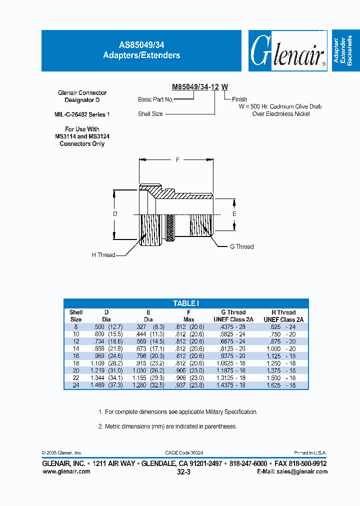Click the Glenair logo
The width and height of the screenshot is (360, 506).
coord(286,51)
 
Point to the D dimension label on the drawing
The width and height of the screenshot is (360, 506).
coord(115,214)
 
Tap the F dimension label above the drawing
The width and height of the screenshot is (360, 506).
coord(177,160)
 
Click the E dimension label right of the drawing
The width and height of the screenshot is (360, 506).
coord(234,213)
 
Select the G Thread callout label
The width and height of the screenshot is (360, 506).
coord(241,246)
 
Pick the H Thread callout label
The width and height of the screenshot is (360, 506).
coord(103,255)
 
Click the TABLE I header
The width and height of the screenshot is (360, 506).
coord(186,303)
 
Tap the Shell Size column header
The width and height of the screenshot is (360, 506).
coord(76,315)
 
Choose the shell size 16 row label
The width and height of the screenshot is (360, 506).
coord(76,356)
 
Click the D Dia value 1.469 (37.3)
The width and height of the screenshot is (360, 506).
coord(106,385)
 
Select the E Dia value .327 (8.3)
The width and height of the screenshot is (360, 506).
coord(148,326)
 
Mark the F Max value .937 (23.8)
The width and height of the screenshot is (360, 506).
coord(189,385)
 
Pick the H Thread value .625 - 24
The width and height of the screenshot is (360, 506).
coord(283,326)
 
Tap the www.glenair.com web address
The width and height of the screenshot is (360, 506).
coord(66,471)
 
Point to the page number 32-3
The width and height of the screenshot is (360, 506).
coord(183,471)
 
